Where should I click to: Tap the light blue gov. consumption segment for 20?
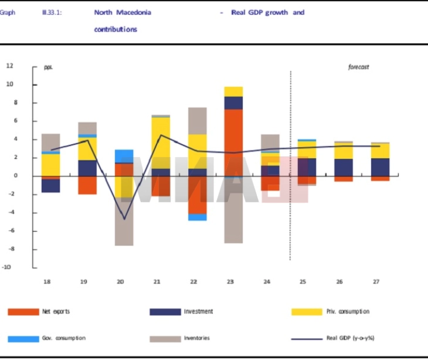124,155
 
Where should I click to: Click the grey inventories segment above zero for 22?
197,121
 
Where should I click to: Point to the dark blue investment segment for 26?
344,167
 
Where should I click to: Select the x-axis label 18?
47,282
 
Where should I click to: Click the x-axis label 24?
267,282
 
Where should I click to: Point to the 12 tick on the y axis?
10,66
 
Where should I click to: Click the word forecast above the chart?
358,67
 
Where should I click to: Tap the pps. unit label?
49,67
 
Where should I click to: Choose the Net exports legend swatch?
23,312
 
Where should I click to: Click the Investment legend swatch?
165,312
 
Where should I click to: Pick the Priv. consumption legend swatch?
307,312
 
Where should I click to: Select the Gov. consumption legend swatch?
23,339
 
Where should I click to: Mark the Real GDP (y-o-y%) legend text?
350,339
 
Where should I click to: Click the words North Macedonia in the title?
123,12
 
